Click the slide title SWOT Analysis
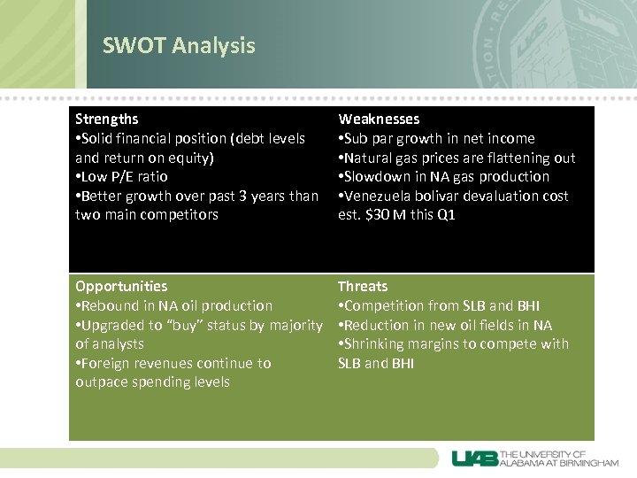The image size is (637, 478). (179, 46)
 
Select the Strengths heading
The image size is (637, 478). (107, 119)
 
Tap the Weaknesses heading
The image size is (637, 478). (379, 119)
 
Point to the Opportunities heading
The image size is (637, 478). (121, 286)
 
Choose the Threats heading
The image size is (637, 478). (363, 286)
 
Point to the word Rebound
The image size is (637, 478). (111, 305)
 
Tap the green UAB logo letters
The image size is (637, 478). (475, 459)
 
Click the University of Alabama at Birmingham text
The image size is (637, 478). (559, 459)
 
